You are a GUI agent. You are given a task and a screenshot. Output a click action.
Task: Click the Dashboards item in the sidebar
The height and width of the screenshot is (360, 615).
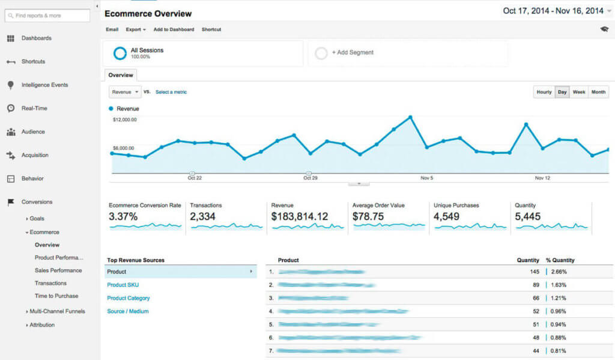pyautogui.click(x=36, y=38)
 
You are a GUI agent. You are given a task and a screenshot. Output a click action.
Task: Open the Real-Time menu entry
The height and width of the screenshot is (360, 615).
pyautogui.click(x=34, y=109)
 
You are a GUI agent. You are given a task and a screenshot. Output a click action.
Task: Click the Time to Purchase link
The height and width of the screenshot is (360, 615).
pyautogui.click(x=56, y=296)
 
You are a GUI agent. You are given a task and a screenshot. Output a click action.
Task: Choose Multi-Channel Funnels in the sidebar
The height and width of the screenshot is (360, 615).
pyautogui.click(x=57, y=311)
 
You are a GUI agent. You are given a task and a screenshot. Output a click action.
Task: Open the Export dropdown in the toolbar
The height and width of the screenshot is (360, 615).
pyautogui.click(x=136, y=29)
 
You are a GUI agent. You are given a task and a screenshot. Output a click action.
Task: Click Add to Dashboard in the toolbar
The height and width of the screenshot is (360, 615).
pyautogui.click(x=174, y=29)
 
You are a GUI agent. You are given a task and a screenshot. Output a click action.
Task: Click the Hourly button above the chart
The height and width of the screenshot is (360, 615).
pyautogui.click(x=544, y=92)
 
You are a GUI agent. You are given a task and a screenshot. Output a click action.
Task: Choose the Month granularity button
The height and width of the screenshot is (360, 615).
pyautogui.click(x=598, y=92)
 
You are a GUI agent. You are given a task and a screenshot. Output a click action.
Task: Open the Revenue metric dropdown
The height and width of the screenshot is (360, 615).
pyautogui.click(x=125, y=92)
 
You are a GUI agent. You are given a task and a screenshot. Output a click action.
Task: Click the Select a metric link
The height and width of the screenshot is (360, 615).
pyautogui.click(x=171, y=92)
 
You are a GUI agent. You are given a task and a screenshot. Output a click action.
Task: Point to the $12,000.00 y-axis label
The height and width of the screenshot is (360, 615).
pyautogui.click(x=124, y=120)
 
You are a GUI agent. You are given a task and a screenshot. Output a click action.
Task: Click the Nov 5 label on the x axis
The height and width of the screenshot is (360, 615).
pyautogui.click(x=426, y=178)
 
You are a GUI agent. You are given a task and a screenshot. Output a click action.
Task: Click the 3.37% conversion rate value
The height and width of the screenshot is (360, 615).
pyautogui.click(x=123, y=216)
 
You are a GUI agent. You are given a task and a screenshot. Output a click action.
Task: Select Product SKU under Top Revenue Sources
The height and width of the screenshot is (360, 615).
pyautogui.click(x=123, y=285)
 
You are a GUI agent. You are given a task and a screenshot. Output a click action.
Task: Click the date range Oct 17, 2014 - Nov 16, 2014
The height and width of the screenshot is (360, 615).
pyautogui.click(x=553, y=11)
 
